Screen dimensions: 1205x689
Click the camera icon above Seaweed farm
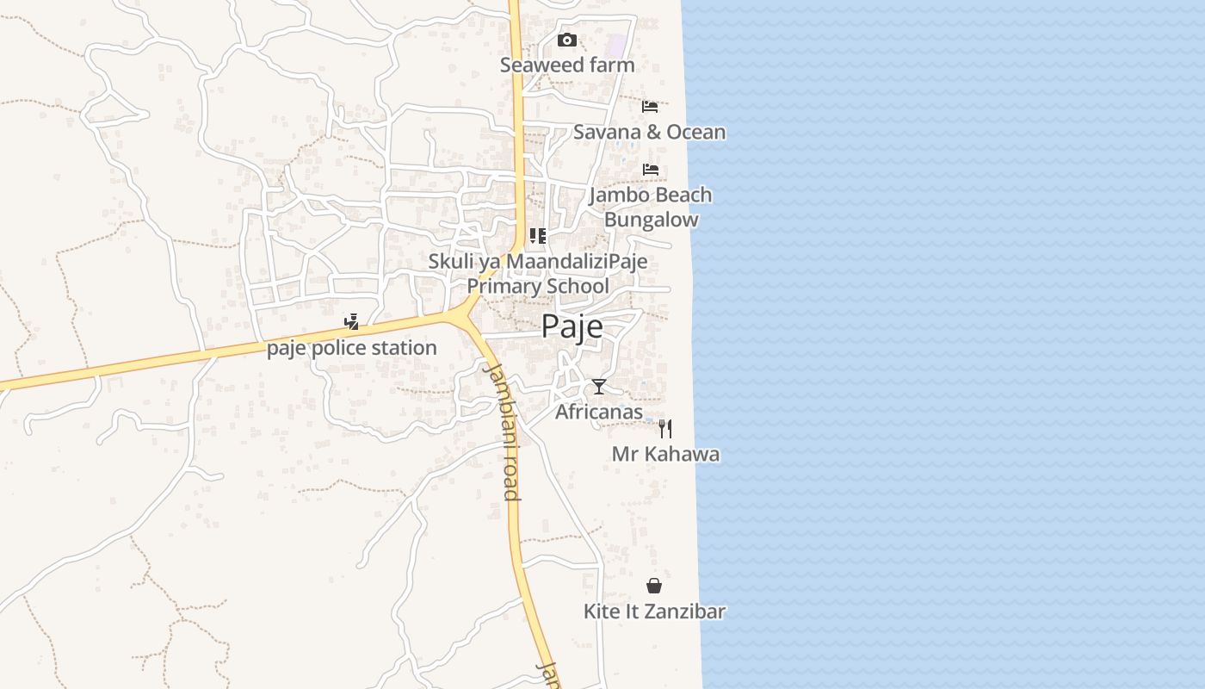566,40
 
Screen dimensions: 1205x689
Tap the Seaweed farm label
567,65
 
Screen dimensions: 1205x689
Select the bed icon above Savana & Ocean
650,106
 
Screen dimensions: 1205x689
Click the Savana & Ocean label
649,132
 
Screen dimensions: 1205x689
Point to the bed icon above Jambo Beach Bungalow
651,169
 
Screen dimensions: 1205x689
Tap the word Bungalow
651,220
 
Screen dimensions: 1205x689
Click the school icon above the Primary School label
538,235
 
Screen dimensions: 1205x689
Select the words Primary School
538,286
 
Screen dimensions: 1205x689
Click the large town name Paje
572,327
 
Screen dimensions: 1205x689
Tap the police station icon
351,323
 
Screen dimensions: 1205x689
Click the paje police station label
351,348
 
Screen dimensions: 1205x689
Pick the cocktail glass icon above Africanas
599,387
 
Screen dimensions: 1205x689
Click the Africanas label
598,412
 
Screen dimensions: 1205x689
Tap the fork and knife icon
665,428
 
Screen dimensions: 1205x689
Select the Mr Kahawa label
665,454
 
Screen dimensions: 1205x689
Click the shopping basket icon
654,586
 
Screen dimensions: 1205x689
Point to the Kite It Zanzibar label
654,611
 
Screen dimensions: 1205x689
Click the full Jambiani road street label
502,431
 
